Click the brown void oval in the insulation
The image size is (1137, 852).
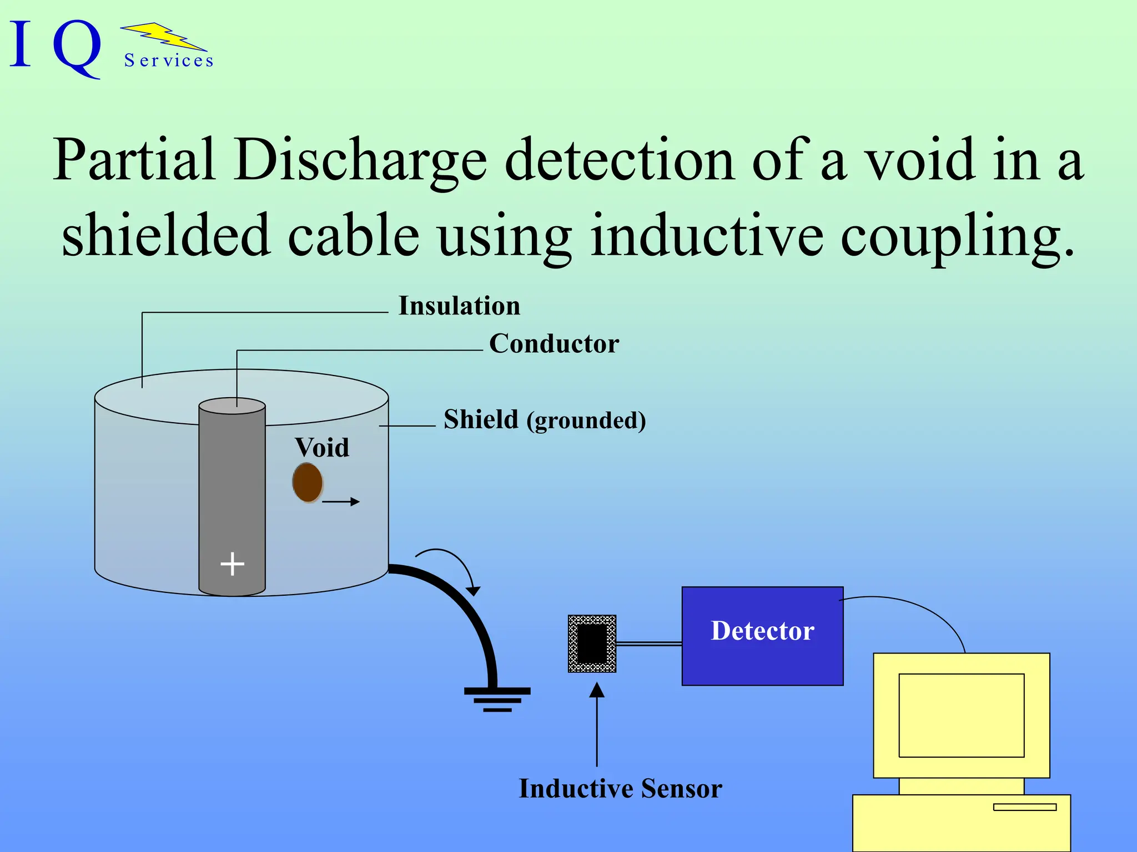tap(308, 483)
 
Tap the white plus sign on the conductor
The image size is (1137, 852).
tap(232, 564)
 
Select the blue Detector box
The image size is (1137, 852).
tap(762, 636)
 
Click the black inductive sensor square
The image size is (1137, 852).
tap(592, 643)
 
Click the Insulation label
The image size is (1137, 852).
tap(459, 306)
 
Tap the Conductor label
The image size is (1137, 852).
tap(554, 344)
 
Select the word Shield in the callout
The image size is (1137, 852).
tap(481, 419)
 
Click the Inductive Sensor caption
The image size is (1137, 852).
tap(620, 788)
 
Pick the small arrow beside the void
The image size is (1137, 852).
tap(341, 501)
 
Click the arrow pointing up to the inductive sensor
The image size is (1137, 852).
tap(597, 721)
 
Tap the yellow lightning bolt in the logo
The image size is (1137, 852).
tap(164, 37)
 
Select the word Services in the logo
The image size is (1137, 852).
tap(169, 60)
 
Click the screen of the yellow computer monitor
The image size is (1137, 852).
tap(961, 715)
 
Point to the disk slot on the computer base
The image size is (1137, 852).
tap(1024, 807)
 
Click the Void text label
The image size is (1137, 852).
tap(322, 448)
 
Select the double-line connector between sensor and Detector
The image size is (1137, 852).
tap(648, 643)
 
